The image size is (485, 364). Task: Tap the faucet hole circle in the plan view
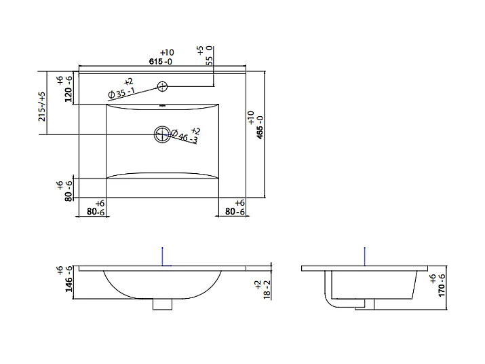pyautogui.click(x=162, y=86)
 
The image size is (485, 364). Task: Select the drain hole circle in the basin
pyautogui.click(x=162, y=134)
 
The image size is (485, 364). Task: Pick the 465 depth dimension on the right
pyautogui.click(x=258, y=126)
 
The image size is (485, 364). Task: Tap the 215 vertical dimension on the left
pyautogui.click(x=42, y=107)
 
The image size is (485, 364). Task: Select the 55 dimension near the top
pyautogui.click(x=209, y=58)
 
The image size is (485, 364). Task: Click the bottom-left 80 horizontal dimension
pyautogui.click(x=96, y=212)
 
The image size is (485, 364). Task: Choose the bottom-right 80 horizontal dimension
pyautogui.click(x=234, y=212)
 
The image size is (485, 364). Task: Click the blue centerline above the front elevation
pyautogui.click(x=162, y=255)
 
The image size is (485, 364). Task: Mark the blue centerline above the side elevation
pyautogui.click(x=364, y=255)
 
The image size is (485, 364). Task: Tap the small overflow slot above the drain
pyautogui.click(x=162, y=106)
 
